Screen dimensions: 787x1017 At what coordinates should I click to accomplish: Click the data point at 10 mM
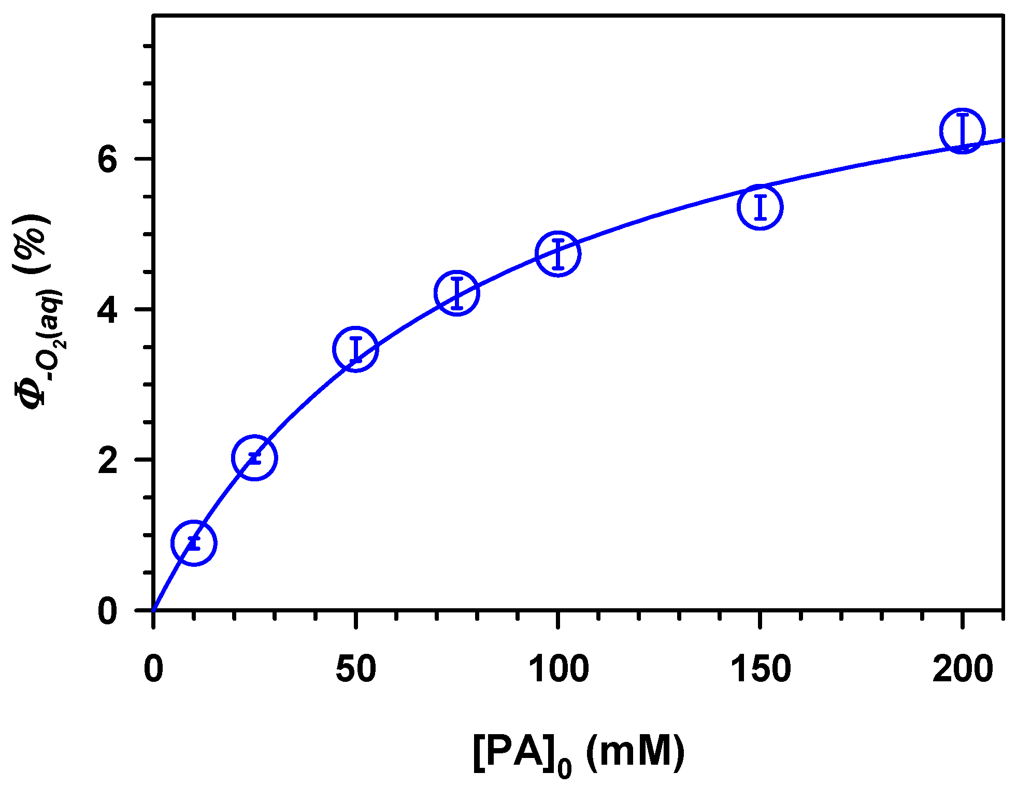[194, 543]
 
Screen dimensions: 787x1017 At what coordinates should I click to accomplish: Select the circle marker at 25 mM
[254, 457]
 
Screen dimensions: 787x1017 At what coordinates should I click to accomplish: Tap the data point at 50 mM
[355, 349]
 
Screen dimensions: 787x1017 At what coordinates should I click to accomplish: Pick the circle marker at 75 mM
[456, 293]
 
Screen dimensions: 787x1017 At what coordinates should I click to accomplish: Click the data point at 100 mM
[557, 254]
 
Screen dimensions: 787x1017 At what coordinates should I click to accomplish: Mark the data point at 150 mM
[760, 207]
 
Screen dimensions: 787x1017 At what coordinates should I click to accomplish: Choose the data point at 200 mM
[962, 131]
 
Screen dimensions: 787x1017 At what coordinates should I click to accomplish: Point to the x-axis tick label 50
[355, 669]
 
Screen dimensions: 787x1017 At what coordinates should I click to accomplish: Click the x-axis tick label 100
[558, 669]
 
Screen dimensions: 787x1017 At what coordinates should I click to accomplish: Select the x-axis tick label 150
[760, 669]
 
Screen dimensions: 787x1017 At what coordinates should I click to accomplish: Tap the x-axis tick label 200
[963, 669]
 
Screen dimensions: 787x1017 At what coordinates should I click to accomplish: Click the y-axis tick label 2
[108, 460]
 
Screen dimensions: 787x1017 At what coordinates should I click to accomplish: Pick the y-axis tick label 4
[108, 310]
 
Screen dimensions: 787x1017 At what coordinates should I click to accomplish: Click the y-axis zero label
[108, 611]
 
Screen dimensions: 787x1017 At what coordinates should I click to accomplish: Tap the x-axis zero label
[153, 669]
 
